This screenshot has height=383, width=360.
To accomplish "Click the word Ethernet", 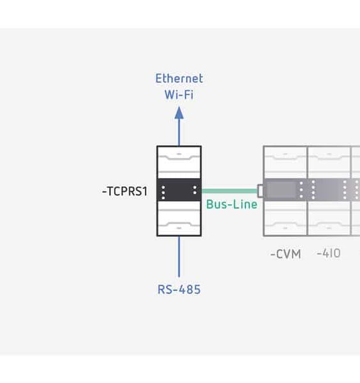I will click(x=179, y=79).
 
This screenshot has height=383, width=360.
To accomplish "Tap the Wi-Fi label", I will click(x=179, y=94).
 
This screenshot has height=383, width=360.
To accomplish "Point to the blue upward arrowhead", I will click(x=179, y=113).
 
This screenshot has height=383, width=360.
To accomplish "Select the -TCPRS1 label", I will click(x=124, y=191).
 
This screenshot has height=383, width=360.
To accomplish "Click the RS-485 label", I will click(x=179, y=289).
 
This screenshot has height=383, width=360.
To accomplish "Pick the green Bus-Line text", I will click(x=232, y=204).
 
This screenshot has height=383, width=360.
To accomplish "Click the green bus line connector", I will click(x=229, y=191).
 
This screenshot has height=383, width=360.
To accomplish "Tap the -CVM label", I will click(x=285, y=254).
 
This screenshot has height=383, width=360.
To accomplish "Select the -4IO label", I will click(x=329, y=253).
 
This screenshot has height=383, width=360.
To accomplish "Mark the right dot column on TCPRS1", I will click(x=195, y=191).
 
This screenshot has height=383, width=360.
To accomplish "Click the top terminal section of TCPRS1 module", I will click(x=179, y=162).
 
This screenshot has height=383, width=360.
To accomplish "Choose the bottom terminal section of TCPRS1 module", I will click(x=179, y=220).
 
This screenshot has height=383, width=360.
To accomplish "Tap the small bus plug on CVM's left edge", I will click(x=260, y=191).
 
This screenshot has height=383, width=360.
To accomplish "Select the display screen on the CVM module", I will click(x=284, y=190).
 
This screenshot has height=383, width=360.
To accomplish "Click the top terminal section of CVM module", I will click(x=285, y=163).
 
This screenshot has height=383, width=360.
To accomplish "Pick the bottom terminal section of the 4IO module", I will click(x=329, y=220).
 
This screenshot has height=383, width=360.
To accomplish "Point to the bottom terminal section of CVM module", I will click(x=285, y=220).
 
